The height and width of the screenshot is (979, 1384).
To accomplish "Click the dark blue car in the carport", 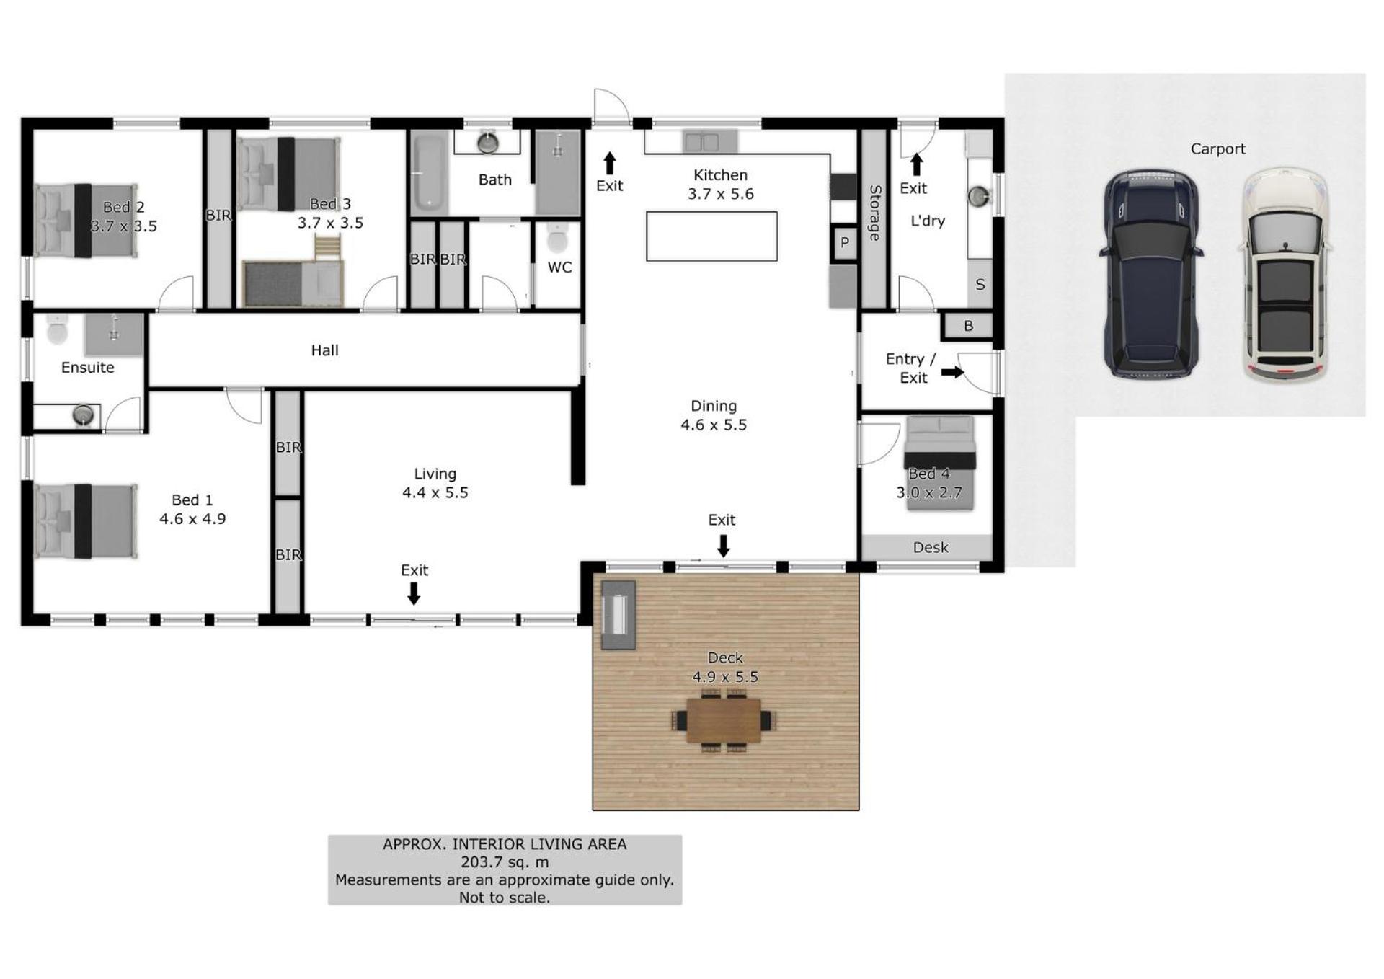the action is pos(1151,274).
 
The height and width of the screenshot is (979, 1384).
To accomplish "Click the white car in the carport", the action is pos(1285,275).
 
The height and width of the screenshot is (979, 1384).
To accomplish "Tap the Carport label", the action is pos(1217,149).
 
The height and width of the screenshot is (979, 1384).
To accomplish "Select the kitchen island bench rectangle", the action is pos(711,236).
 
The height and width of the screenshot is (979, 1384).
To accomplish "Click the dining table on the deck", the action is pos(724,720).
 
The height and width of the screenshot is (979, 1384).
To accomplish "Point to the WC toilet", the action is pos(558,239).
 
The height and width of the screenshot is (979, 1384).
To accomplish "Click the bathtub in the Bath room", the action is pos(429,173).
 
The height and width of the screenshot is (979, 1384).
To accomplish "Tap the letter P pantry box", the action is pos(845,243).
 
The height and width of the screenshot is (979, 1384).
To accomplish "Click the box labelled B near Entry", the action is pos(968,326).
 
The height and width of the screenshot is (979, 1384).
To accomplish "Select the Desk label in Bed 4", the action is pos(931,548).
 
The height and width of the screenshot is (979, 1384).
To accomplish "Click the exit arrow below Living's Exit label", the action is pos(414,593).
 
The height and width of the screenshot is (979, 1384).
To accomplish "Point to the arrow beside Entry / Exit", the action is pos(952,372).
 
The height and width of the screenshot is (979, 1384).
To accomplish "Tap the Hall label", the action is pos(324,350).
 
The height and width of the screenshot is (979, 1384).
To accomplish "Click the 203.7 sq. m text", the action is pos(505,862).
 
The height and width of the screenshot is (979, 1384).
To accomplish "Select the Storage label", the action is pos(874,213).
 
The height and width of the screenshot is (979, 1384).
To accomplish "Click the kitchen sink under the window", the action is pos(701,142).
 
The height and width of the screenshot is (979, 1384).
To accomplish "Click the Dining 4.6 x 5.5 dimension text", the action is pos(714,425).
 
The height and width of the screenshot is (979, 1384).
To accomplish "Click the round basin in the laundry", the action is pos(978,195).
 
